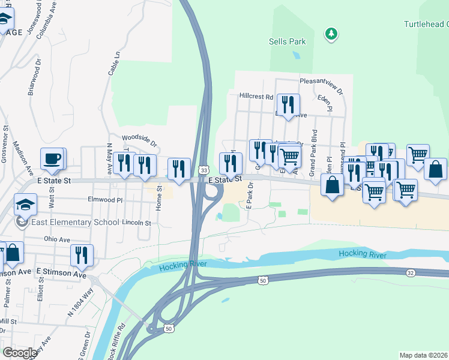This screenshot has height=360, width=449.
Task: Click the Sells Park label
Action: [287, 41]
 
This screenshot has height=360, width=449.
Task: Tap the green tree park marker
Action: [331, 34]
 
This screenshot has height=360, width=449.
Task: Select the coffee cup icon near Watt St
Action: [52, 159]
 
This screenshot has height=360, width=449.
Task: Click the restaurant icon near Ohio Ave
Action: [81, 254]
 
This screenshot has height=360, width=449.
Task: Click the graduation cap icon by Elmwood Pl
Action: [26, 205]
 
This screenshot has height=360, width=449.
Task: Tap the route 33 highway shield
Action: [204, 172]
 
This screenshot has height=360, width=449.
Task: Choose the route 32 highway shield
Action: [410, 273]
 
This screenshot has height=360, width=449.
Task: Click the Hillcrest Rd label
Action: [256, 96]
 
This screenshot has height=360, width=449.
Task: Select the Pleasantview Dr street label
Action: [321, 85]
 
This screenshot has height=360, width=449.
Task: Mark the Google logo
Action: [19, 352]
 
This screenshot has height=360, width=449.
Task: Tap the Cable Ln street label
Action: [113, 62]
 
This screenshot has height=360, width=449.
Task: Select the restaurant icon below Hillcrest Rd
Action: [289, 106]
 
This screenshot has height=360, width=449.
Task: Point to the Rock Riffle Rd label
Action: [119, 340]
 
